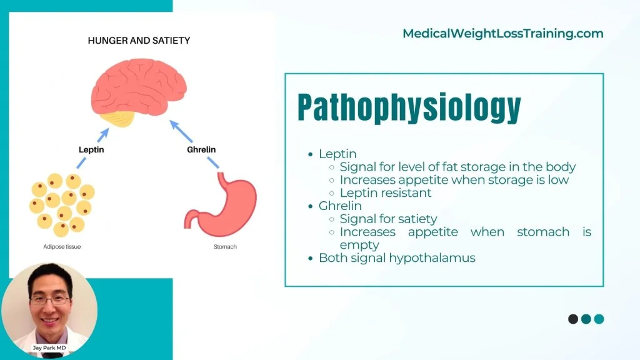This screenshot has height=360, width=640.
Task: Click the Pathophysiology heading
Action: point(409,107)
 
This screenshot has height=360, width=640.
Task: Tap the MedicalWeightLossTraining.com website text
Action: point(503,34)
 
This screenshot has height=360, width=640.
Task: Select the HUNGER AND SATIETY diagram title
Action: point(139,41)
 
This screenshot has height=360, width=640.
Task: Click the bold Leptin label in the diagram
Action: point(91,149)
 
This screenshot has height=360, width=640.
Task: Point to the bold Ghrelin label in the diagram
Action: point(201,149)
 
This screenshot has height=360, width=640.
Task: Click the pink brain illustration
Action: point(139,87)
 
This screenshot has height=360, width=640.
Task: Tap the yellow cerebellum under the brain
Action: point(117,118)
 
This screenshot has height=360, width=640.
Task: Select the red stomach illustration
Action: point(221,204)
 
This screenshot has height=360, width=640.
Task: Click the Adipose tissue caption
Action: point(62,246)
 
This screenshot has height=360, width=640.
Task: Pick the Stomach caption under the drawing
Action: point(225,246)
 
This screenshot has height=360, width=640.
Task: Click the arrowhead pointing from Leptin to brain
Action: point(104,133)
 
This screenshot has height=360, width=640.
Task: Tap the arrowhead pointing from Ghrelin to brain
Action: point(175,125)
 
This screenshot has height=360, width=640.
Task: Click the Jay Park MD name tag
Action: point(49,347)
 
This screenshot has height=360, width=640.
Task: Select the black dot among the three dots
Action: point(573,319)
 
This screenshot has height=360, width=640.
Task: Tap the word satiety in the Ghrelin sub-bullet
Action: point(417,219)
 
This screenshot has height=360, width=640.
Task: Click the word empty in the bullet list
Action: point(359,245)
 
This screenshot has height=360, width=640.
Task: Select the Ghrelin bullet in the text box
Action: point(340,206)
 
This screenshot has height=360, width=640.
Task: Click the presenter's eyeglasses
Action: point(49,301)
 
